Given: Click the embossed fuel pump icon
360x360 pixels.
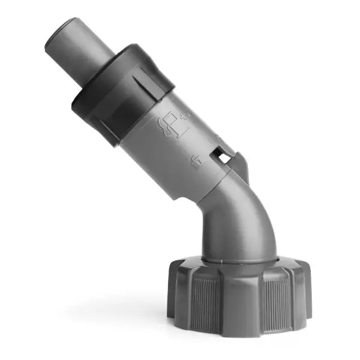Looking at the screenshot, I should [170, 124].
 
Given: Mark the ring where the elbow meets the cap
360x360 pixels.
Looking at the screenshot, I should [240, 259].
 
